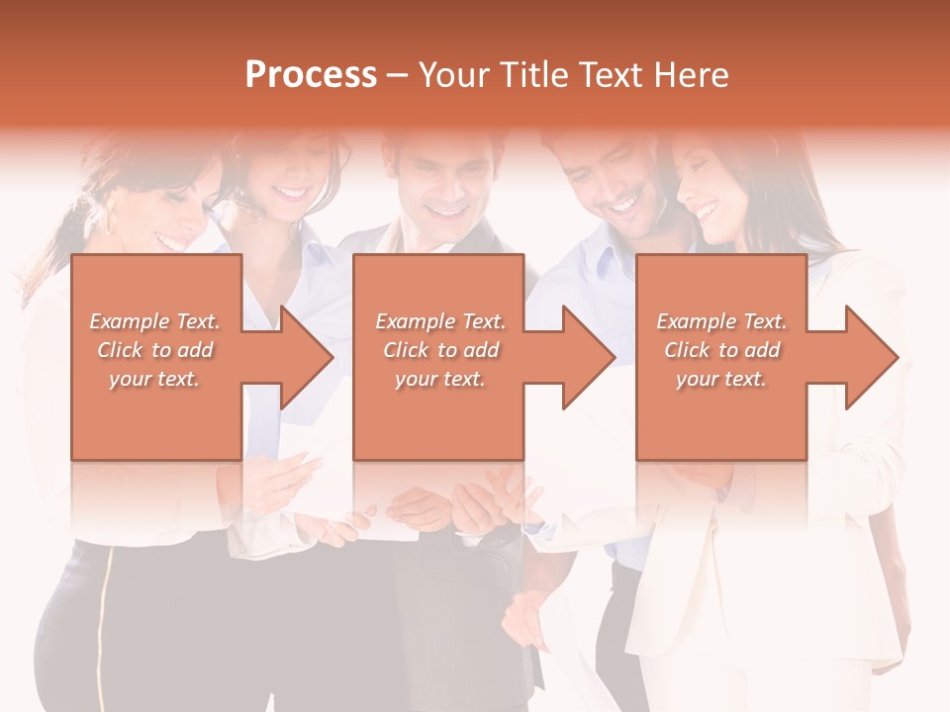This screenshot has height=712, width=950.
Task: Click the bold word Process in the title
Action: coord(311,75)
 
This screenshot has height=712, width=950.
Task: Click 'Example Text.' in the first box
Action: coord(155,321)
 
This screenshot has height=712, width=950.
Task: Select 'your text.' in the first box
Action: coord(155,379)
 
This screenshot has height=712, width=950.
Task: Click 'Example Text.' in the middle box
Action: coord(440,321)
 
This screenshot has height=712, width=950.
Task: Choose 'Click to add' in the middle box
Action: coord(440,350)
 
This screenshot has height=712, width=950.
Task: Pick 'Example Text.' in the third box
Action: coord(721,321)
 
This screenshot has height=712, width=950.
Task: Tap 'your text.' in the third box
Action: coord(721,379)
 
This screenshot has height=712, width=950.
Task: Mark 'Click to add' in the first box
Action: coord(155,350)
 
